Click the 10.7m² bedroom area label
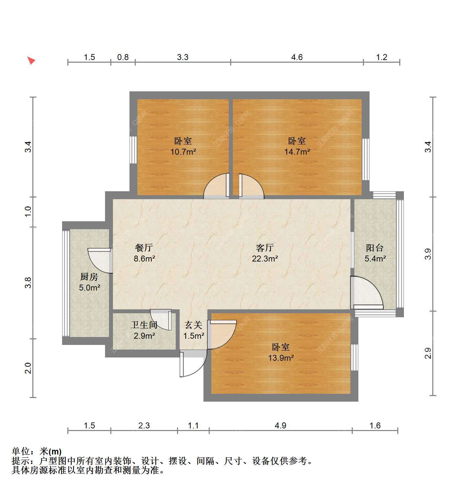point(183,152)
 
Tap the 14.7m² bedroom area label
point(297,152)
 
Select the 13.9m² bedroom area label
point(281,358)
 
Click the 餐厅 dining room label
point(144,248)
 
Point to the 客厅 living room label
point(265,248)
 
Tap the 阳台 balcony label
point(375,248)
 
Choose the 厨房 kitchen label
point(89,277)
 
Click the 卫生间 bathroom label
point(144,325)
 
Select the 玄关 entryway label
point(194,325)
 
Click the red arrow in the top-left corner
point(31,60)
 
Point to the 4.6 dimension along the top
point(297,57)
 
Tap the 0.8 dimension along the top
point(123,57)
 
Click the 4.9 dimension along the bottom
point(280,425)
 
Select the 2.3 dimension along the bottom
point(144,425)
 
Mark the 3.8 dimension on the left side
point(28,283)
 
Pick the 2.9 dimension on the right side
point(428,353)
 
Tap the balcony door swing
point(367,293)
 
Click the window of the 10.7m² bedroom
point(133,150)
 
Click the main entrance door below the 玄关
point(193,363)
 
